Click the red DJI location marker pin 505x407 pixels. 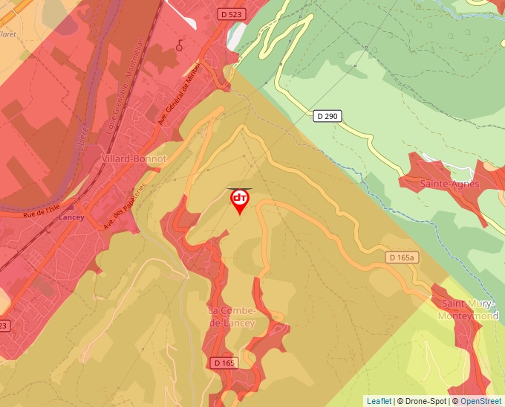click(x=239, y=200)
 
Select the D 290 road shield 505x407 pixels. click(x=327, y=115)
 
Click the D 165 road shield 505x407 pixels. click(x=224, y=362)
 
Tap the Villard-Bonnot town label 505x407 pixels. click(x=134, y=159)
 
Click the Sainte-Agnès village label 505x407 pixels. click(x=450, y=184)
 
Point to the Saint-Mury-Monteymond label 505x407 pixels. click(x=469, y=310)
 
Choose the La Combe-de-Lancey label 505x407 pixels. click(x=232, y=316)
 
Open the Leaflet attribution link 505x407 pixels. click(x=379, y=401)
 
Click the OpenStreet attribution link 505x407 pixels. click(x=480, y=401)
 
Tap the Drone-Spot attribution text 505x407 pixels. click(x=424, y=401)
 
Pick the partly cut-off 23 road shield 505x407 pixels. click(x=4, y=326)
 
